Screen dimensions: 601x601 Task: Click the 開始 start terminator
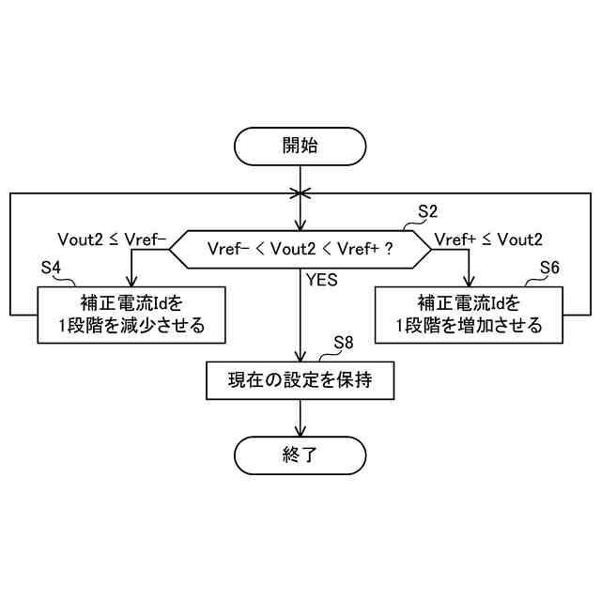[x=300, y=146]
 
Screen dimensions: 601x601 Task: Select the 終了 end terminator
[x=300, y=457]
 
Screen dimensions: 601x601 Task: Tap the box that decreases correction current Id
[x=131, y=314]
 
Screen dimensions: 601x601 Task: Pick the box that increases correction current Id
[x=469, y=314]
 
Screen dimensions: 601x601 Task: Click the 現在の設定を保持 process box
[x=300, y=380]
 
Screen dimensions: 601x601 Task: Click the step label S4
[x=52, y=269]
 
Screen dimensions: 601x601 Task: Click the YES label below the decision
[x=321, y=279]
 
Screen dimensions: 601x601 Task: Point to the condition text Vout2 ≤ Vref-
[x=112, y=239]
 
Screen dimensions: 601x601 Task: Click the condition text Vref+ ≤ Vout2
[x=488, y=239]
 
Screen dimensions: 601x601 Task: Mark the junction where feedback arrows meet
[x=300, y=193]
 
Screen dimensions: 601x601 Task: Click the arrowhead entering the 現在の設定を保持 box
[x=300, y=358]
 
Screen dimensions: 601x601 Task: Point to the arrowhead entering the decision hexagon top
[x=300, y=226]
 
